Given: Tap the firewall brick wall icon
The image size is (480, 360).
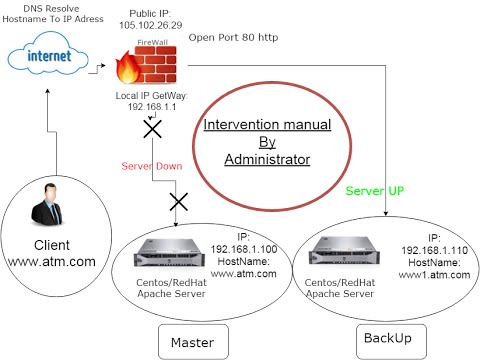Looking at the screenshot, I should click(x=147, y=63).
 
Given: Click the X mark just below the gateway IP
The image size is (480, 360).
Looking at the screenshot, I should click(x=153, y=130).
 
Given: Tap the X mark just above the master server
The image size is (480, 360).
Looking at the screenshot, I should click(x=180, y=203).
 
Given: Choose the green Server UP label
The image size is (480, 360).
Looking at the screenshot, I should click(x=375, y=190).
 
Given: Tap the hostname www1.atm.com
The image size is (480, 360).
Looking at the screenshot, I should click(x=435, y=277).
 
